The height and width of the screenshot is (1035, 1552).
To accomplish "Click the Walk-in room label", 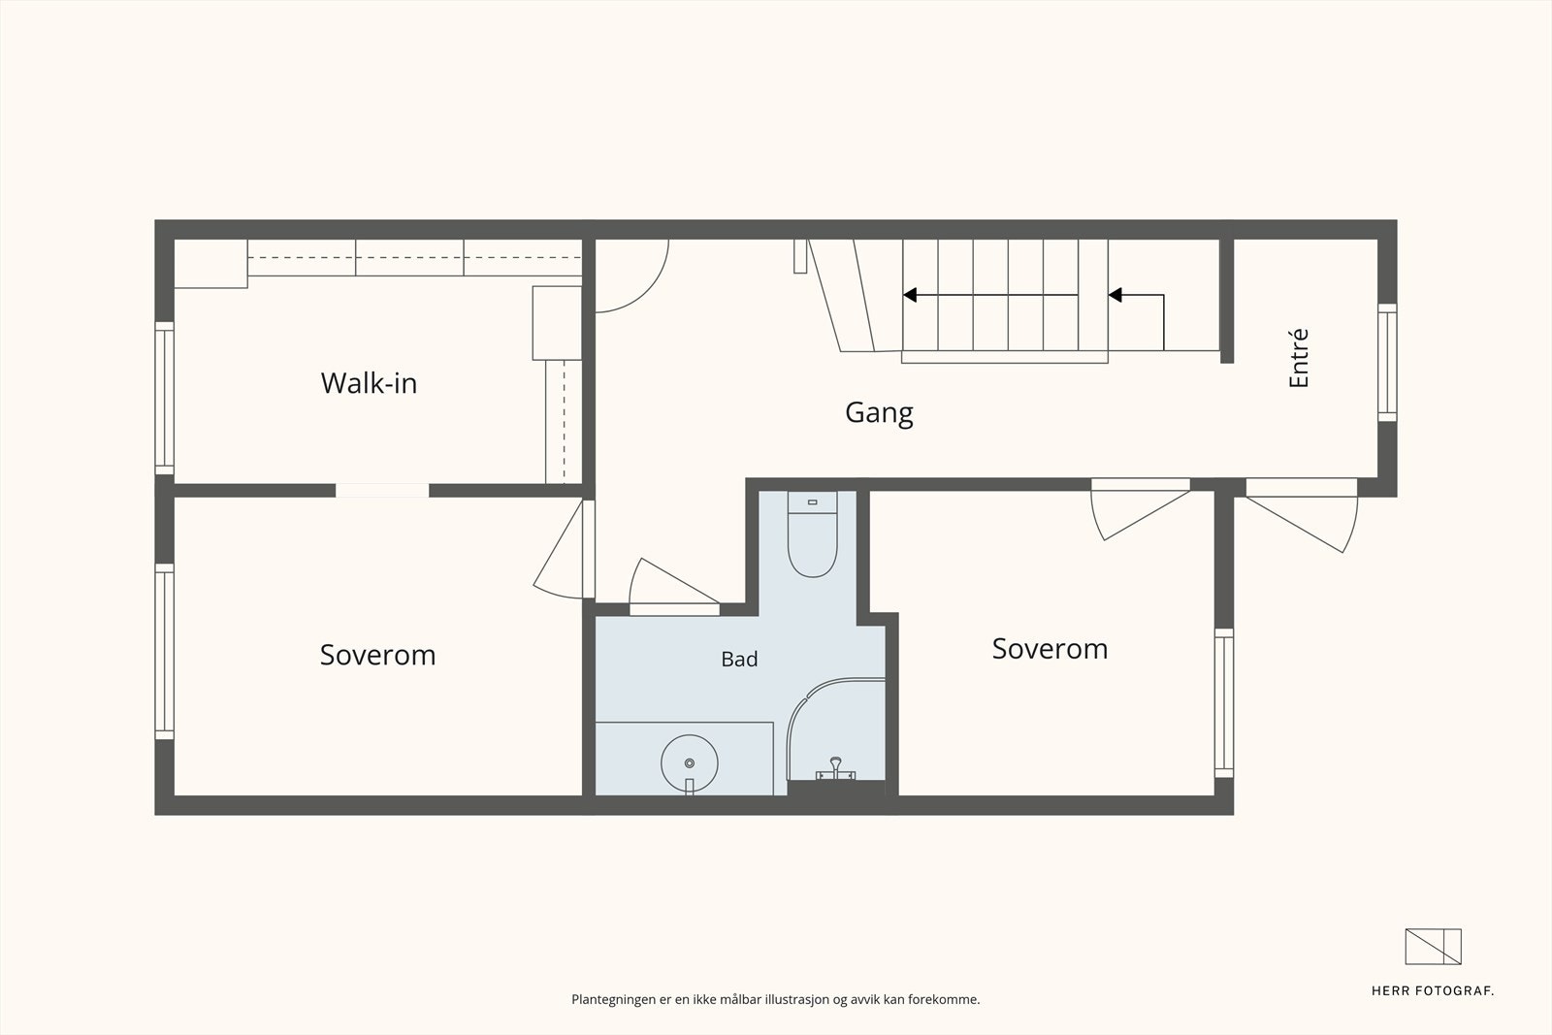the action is [x=369, y=382].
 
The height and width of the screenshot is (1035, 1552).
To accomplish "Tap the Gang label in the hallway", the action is [x=879, y=413].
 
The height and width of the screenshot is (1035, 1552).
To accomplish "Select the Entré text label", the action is [x=1299, y=358].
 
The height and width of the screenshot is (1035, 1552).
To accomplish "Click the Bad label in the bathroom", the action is [x=739, y=659].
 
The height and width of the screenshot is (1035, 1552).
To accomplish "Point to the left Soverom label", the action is [x=377, y=655].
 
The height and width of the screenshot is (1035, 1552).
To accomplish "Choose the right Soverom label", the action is [x=1050, y=648].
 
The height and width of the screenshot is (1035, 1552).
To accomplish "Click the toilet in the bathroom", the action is [x=812, y=534].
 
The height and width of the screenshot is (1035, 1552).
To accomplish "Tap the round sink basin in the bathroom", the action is [x=690, y=763].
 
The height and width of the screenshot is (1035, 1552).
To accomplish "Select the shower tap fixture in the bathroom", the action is [x=835, y=769].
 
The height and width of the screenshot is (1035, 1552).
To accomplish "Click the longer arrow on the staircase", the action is [x=990, y=295].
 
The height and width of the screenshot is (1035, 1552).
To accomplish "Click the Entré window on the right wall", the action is [x=1387, y=363].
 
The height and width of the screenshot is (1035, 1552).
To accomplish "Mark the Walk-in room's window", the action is [x=164, y=399].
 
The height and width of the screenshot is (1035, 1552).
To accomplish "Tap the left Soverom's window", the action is [x=164, y=652].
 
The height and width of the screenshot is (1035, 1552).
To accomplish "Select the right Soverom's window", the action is [x=1224, y=703].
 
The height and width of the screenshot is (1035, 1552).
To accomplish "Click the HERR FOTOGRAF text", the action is [x=1432, y=991].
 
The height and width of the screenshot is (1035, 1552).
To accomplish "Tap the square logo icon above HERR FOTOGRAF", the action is [x=1433, y=947].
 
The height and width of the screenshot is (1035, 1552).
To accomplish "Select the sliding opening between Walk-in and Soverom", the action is [x=382, y=491].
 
